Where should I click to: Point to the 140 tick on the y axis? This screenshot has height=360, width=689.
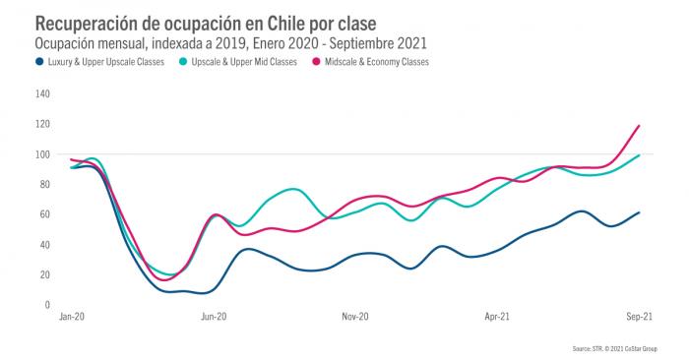[41, 94]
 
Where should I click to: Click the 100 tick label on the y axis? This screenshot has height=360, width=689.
[41, 154]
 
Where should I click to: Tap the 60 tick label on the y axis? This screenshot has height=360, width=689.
[43, 214]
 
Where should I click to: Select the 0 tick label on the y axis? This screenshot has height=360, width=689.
[45, 305]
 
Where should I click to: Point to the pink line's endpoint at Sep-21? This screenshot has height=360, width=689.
[640, 126]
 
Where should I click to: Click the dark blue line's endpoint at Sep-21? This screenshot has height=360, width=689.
[640, 212]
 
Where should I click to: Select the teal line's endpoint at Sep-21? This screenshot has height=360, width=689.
[640, 155]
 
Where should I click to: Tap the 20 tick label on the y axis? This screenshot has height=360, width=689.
[43, 274]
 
